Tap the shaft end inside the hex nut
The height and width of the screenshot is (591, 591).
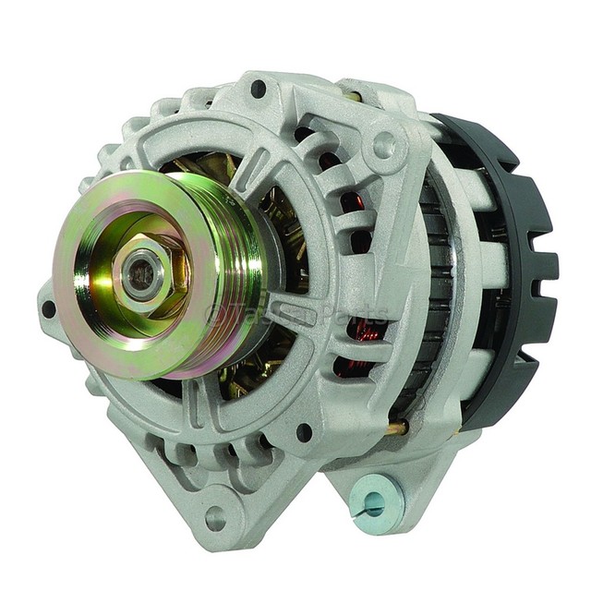pos(141,277)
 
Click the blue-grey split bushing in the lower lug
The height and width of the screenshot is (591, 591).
pos(374,502)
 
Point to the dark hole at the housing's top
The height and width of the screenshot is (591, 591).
pos(259,89)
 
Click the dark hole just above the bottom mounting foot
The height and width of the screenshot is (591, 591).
pos(304,431)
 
